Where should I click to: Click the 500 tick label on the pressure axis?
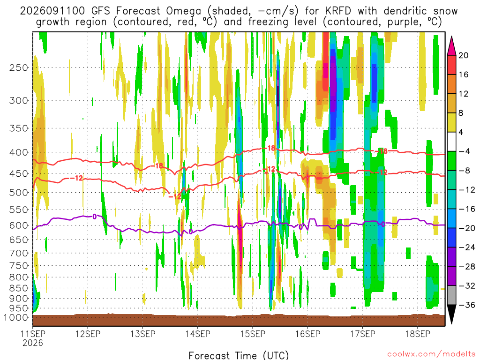(x=19, y=193)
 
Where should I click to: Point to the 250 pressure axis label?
(x=19, y=67)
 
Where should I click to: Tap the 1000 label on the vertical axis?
(x=16, y=318)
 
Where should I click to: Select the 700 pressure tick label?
(x=19, y=253)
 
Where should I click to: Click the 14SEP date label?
(x=198, y=334)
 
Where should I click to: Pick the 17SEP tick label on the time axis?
(x=363, y=334)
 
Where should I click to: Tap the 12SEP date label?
(x=88, y=334)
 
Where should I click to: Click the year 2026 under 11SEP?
(x=33, y=343)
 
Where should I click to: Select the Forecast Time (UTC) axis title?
(x=239, y=355)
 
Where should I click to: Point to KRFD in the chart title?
(x=338, y=11)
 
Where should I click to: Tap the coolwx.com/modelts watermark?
(x=431, y=354)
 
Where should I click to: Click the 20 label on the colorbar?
(x=464, y=55)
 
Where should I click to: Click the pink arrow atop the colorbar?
(x=451, y=46)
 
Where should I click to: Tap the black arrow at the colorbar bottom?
(x=451, y=314)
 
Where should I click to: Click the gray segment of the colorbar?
(x=451, y=295)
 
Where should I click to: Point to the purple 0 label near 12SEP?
(x=95, y=217)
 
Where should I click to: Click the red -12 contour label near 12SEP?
(x=76, y=178)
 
